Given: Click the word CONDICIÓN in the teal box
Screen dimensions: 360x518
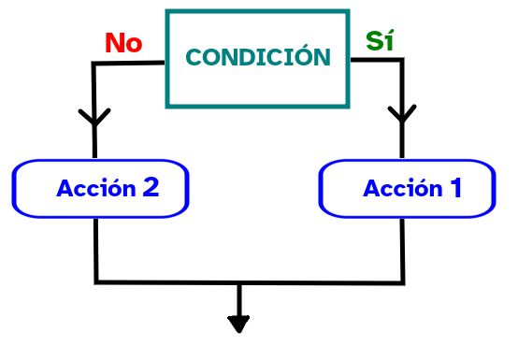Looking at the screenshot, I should tap(258, 58).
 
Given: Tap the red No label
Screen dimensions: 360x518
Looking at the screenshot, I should tap(122, 43).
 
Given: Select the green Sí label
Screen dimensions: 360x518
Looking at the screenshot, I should tap(380, 41).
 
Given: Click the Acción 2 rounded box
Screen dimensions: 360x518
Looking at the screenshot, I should tap(101, 188).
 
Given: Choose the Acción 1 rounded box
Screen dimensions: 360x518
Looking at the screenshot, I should tap(407, 188).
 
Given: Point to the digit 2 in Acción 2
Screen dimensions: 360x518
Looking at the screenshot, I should tap(151, 188).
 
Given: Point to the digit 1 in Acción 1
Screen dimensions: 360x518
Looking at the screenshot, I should tap(455, 188).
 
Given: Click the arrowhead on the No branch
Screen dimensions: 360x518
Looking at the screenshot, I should tap(94, 118).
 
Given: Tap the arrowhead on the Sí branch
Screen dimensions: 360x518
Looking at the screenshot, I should tap(402, 116).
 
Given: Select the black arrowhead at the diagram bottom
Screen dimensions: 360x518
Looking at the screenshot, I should tap(239, 324).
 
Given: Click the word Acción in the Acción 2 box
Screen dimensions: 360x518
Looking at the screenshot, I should tap(96, 189).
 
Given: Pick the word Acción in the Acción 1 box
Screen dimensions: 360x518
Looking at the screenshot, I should tap(403, 189).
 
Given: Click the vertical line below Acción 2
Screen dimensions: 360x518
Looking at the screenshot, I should tap(96, 248).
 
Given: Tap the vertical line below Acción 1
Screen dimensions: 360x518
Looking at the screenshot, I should tap(403, 248).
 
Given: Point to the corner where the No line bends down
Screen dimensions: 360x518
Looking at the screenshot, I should tap(94, 64).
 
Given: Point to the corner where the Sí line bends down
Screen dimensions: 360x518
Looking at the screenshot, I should tap(402, 61).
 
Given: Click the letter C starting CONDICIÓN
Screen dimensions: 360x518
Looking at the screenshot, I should tap(194, 58).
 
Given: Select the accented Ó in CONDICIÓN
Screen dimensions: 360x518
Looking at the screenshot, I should tap(305, 56).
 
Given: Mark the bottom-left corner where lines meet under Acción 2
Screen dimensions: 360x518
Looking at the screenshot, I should tap(96, 281).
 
